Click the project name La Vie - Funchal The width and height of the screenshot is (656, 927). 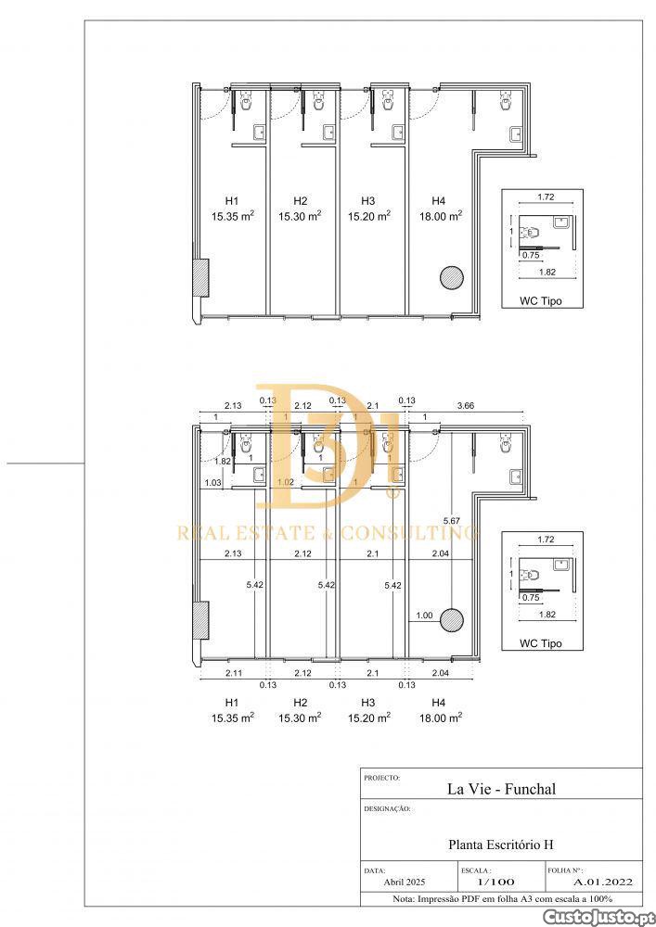(501, 789)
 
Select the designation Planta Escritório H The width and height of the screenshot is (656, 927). (501, 844)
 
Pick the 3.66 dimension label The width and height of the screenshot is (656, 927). (465, 406)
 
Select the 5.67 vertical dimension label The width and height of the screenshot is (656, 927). (452, 521)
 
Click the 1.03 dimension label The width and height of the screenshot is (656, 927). (213, 483)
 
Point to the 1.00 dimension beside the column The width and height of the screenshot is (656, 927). (424, 616)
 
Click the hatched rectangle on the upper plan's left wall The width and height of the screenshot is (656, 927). (201, 278)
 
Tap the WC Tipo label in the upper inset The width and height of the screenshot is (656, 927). (541, 301)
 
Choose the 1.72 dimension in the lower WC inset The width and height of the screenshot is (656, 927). (546, 540)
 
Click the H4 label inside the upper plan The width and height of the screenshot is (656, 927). (438, 201)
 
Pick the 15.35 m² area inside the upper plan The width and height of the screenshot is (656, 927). (233, 216)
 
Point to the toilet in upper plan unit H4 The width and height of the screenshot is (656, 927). (506, 100)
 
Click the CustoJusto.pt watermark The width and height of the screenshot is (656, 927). (598, 917)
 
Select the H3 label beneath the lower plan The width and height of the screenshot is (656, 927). (368, 703)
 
